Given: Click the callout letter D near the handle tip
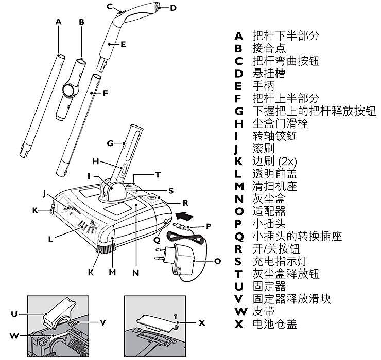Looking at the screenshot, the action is pos(173,8).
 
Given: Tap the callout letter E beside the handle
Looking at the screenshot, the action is pos(123,44).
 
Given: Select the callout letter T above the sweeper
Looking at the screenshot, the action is pos(158,174).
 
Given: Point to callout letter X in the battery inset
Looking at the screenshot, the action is pos(202,323).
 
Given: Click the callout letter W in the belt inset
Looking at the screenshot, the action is pos(14,336).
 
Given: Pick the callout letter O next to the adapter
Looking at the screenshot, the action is pos(217,261).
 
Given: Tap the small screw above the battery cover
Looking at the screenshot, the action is pos(176,317).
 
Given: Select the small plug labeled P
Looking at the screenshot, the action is pos(181,226).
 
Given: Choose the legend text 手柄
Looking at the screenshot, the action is pos(264,86).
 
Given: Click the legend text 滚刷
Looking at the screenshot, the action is pos(264,148).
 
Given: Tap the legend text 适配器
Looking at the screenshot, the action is pos(269,211).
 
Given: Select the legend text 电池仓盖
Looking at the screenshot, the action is pos(274,323).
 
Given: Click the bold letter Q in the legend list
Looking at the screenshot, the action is pos(239,237).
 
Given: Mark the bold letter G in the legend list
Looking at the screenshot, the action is pos(239,111).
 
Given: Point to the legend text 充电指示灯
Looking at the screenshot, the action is pos(280,261).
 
